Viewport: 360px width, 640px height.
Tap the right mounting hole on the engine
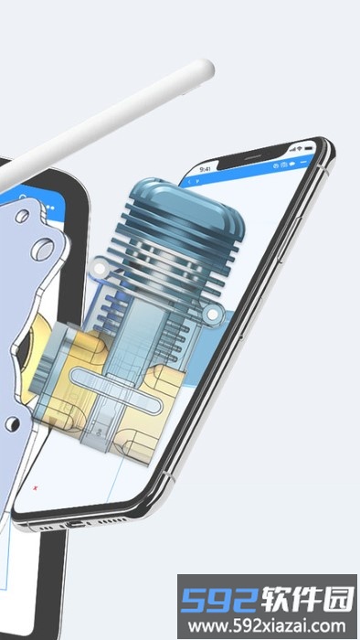213,315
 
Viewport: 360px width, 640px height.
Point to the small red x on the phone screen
35,486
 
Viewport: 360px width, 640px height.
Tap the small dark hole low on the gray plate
9,424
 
